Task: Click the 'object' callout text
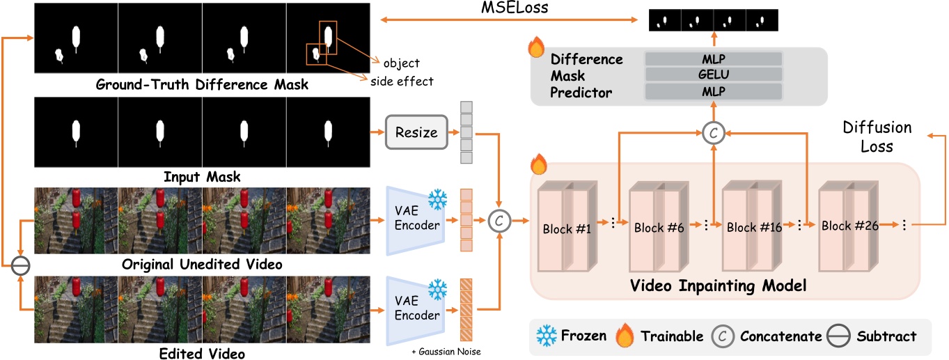coord(402,63)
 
